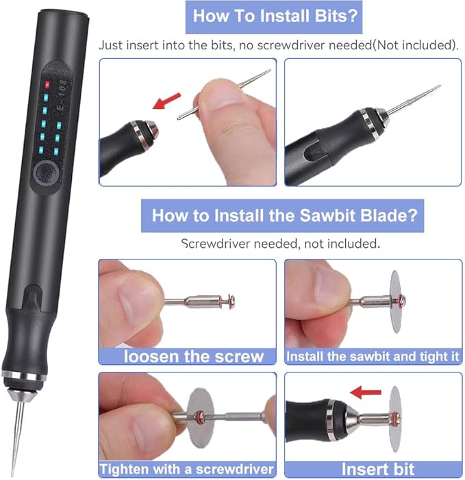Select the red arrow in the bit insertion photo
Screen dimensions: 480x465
pos(164,102)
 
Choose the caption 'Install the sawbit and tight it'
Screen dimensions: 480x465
pos(372,357)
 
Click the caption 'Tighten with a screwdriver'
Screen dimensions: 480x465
pos(188,469)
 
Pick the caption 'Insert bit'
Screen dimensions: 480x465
pos(373,469)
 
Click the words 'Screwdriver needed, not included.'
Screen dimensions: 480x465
pos(279,243)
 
